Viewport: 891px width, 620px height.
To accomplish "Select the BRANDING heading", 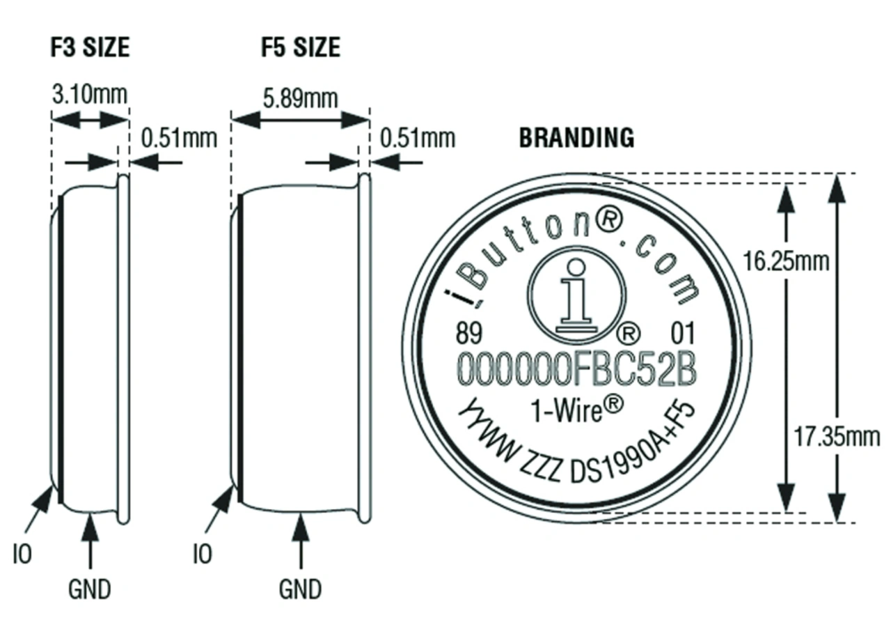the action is coord(577,138).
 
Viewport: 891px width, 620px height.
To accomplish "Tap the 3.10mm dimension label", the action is coord(90,95).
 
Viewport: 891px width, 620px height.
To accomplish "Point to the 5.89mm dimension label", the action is coord(300,98).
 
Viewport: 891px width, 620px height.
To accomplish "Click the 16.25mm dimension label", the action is coord(786,261).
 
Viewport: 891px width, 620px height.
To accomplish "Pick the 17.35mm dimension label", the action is coord(837,437).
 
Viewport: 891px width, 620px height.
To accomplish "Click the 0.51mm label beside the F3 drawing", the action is coord(179,138).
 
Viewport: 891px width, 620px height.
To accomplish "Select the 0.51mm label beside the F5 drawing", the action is coord(418,138).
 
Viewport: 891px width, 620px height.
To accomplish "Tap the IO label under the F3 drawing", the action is coord(22,554).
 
